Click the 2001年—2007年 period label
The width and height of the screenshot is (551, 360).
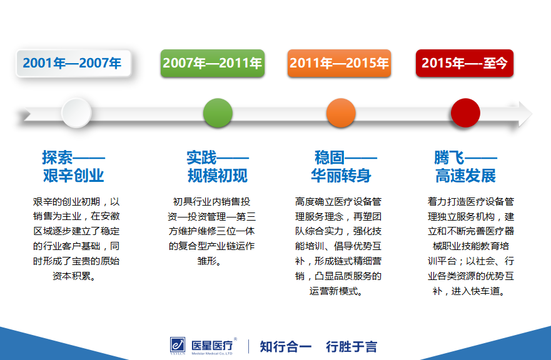74,63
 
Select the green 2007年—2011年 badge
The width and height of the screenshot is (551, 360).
212,63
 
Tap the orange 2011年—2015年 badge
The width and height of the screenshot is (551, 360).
339,63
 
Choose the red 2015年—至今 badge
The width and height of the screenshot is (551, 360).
465,63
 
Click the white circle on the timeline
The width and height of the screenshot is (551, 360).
76,112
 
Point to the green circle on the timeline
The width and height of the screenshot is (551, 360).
218,112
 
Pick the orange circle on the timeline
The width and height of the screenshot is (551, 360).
341,112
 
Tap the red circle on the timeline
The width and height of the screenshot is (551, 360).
465,112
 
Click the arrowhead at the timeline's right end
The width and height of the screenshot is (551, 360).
525,114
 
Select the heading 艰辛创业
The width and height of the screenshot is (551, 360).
73,175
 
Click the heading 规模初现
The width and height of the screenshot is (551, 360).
218,175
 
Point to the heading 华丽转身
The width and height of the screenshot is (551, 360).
341,175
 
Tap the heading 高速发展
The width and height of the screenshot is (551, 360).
465,175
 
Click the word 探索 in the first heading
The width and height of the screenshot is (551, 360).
58,157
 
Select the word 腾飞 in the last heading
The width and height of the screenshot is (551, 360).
450,157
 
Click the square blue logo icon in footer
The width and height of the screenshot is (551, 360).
178,344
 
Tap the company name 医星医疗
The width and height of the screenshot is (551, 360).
212,346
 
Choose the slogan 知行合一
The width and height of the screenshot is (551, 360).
285,347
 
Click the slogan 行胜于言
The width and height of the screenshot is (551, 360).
351,347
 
